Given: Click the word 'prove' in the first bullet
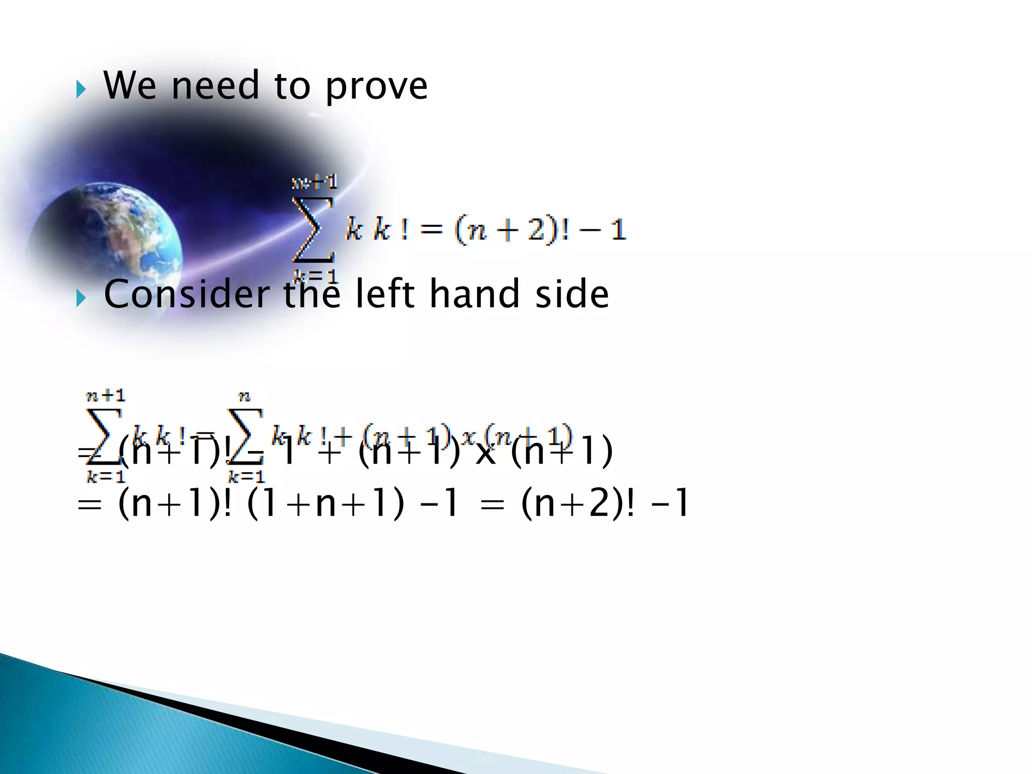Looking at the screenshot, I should tap(376, 87).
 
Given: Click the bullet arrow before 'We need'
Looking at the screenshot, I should tap(81, 91).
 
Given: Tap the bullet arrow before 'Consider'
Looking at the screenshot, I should tap(81, 299).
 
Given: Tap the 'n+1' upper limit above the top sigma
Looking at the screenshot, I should tap(315, 181).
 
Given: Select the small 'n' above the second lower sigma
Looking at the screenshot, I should tap(244, 397).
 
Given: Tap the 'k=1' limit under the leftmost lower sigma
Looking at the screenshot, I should tap(106, 476).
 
